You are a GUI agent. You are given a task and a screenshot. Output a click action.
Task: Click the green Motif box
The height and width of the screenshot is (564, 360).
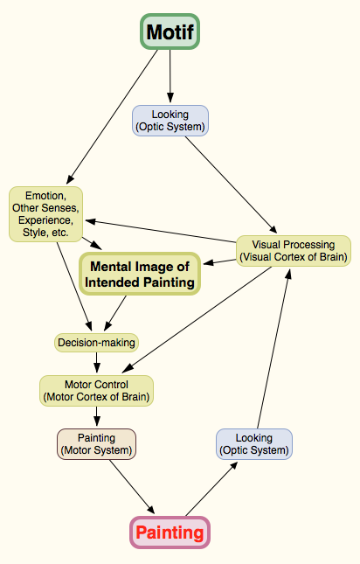click(x=170, y=32)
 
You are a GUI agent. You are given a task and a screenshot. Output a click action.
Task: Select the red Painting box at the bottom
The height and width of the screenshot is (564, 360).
click(x=170, y=532)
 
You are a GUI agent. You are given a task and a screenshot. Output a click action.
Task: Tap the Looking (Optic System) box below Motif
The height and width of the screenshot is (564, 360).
click(x=170, y=120)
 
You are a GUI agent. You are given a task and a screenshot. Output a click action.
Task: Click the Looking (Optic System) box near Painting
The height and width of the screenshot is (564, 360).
click(x=253, y=443)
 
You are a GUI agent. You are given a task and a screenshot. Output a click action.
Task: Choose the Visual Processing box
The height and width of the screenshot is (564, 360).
click(x=294, y=251)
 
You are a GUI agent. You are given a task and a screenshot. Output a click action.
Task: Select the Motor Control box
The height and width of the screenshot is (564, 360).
click(x=96, y=390)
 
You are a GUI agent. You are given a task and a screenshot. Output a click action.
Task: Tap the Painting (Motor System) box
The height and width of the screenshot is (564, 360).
click(x=96, y=443)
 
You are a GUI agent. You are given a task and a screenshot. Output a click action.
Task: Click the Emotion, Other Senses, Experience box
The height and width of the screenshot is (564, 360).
click(x=46, y=215)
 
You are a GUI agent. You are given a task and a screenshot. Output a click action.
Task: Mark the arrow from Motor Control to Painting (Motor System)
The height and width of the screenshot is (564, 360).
click(x=96, y=416)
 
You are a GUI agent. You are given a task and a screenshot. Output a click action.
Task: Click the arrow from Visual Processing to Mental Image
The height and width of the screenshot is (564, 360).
click(x=220, y=261)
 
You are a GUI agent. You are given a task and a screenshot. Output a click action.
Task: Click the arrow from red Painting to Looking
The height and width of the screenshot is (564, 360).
click(x=210, y=490)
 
